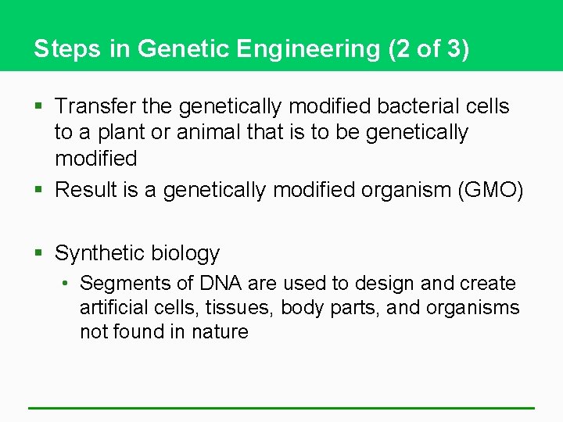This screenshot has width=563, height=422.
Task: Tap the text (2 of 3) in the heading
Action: click(x=429, y=49)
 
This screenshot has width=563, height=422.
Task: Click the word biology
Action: click(x=185, y=253)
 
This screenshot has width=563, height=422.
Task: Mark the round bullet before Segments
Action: click(x=69, y=283)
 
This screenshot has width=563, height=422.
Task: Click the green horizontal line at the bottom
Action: click(x=281, y=407)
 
